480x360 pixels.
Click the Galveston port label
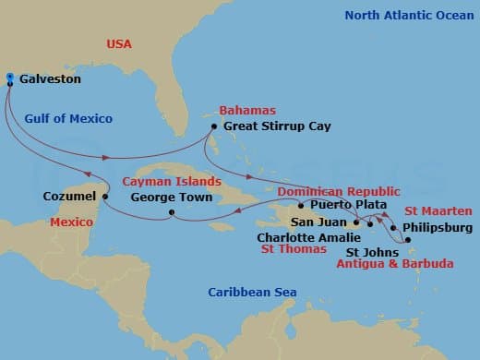pyautogui.click(x=50, y=79)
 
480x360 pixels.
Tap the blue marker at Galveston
pyautogui.click(x=9, y=78)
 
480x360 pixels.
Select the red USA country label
pyautogui.click(x=120, y=43)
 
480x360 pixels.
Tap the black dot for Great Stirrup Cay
pyautogui.click(x=213, y=126)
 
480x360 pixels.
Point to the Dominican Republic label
pyautogui.click(x=325, y=190)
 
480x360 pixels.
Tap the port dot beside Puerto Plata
pyautogui.click(x=300, y=205)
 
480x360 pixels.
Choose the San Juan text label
pyautogui.click(x=319, y=222)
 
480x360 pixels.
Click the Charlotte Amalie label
pyautogui.click(x=300, y=236)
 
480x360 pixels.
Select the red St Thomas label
pyautogui.click(x=293, y=249)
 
